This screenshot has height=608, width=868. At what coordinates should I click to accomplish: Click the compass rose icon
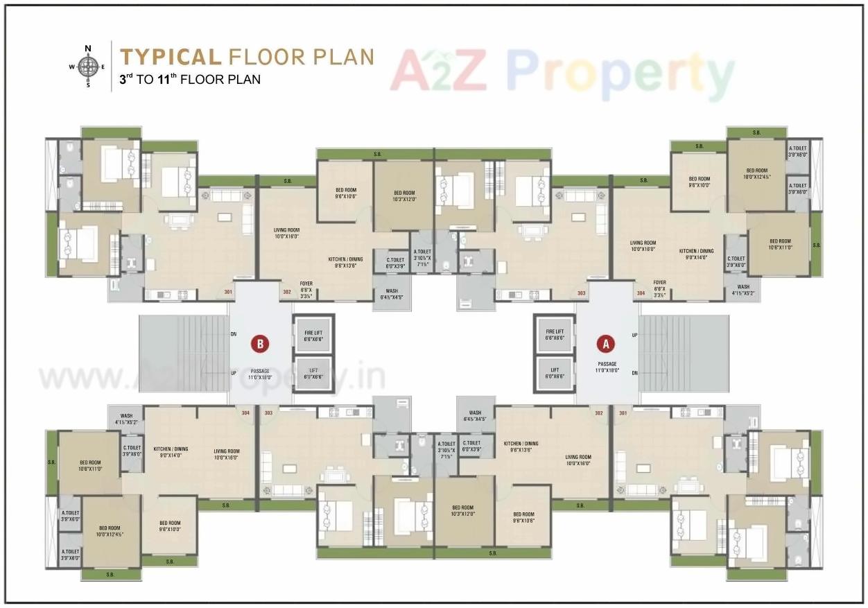pos(88,67)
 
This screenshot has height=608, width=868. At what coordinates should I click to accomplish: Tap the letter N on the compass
pos(88,49)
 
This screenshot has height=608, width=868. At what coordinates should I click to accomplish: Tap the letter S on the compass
pos(88,85)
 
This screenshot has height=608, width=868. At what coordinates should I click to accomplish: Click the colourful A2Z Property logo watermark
pos(562,71)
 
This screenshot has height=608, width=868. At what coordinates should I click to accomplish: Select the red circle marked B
pos(260,342)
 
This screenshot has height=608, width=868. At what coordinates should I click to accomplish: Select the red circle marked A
pos(606,342)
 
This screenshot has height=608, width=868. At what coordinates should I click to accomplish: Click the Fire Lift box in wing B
pos(313,336)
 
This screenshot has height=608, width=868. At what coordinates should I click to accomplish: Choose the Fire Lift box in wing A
pos(555,336)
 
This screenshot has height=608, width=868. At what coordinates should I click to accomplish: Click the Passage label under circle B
pos(260,374)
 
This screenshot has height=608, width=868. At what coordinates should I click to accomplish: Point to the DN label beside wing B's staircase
pos(234,334)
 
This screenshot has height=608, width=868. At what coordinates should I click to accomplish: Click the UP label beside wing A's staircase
pos(634,335)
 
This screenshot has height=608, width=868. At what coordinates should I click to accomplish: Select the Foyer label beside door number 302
pos(306,289)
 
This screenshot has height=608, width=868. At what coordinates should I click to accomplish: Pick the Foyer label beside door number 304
pos(659,289)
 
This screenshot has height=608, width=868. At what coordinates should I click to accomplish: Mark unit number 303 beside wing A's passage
pos(581,293)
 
